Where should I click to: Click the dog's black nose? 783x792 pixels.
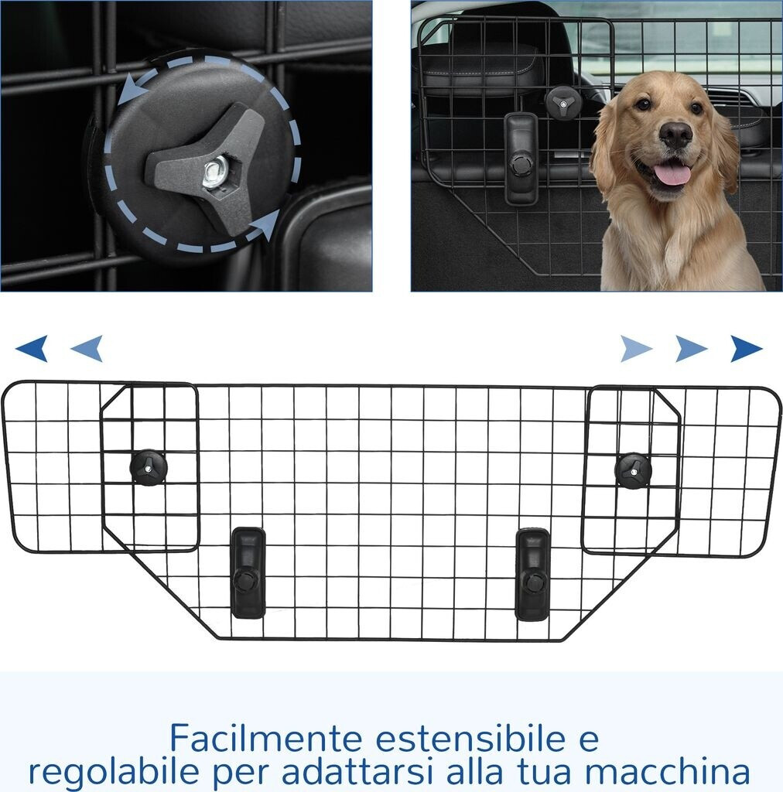[675, 134]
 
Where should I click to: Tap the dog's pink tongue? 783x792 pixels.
[671, 175]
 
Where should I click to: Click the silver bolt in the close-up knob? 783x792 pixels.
[215, 172]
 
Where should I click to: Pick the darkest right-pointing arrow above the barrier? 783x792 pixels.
[746, 349]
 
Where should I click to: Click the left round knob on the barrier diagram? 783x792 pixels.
[149, 468]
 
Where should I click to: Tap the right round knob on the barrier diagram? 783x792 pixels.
[634, 471]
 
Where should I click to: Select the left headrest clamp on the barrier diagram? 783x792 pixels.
[248, 573]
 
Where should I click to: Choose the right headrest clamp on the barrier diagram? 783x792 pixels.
[532, 575]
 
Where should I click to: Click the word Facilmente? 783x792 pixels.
[265, 738]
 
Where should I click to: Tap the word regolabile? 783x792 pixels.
[112, 773]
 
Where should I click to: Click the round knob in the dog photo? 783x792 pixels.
[563, 102]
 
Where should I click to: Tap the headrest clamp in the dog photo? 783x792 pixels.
[521, 158]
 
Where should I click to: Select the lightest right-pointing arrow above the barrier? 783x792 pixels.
[637, 349]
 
